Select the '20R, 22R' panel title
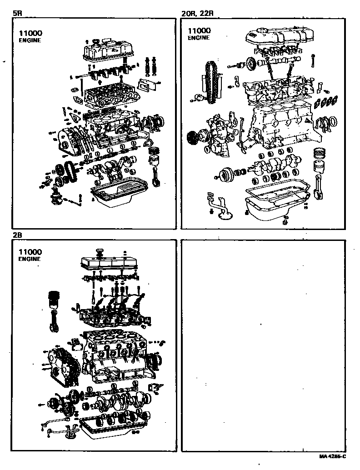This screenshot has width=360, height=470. click(197, 14)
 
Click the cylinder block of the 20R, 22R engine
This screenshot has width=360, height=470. click(282, 125)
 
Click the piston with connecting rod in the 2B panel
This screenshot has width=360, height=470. click(54, 309)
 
